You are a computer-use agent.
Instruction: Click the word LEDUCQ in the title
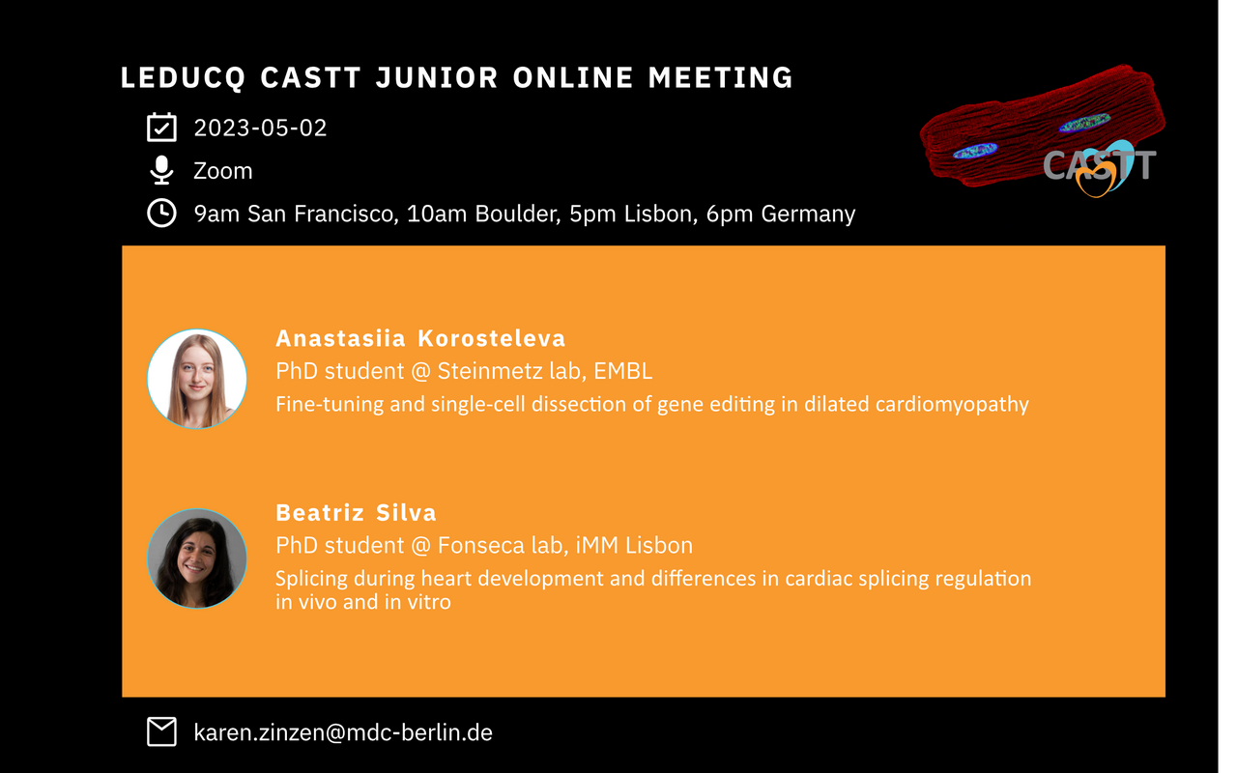183,78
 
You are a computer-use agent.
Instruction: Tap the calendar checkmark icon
161,127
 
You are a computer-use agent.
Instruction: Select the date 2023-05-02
260,129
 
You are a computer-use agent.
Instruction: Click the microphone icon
161,170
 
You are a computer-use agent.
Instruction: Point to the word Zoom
223,171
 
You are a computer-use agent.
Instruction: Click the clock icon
161,213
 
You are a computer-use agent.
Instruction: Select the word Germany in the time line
808,215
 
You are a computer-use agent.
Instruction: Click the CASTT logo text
1099,164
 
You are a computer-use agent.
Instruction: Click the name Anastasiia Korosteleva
420,338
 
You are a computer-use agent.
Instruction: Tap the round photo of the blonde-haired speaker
197,380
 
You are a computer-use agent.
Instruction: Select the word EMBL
623,371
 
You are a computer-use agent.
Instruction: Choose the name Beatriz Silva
357,513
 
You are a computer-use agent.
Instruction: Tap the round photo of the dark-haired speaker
197,558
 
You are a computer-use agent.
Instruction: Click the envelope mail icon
161,731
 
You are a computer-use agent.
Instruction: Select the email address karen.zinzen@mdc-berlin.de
343,732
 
